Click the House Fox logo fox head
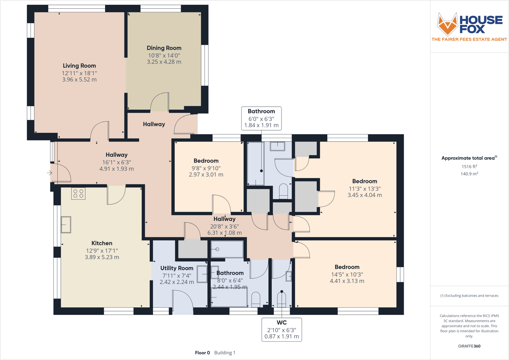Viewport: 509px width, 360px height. point(447,24)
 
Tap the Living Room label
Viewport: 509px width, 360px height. point(79,66)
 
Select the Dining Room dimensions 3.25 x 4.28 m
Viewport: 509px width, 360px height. point(164,62)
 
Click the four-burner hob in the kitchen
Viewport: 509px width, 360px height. point(79,193)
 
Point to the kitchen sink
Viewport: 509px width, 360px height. point(66,224)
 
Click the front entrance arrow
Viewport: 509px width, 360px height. point(50,173)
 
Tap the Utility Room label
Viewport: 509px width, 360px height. point(177,268)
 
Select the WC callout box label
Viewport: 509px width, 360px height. point(281,323)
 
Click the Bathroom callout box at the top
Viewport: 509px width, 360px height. point(261,118)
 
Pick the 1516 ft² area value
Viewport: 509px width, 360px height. point(469,166)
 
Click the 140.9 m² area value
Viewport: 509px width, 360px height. point(469,174)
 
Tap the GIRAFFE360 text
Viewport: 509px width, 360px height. point(469,346)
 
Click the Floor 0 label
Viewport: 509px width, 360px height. point(203,353)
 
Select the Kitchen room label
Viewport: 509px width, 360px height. point(102,243)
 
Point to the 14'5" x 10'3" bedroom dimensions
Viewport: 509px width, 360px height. point(347,274)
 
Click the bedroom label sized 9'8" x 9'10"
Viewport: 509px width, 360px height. point(206,161)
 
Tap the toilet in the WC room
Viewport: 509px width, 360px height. point(281,299)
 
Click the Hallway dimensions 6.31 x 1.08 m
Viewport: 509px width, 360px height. point(224,233)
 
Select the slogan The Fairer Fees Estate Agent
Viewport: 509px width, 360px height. point(469,39)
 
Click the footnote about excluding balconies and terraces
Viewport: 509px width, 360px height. point(469,296)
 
